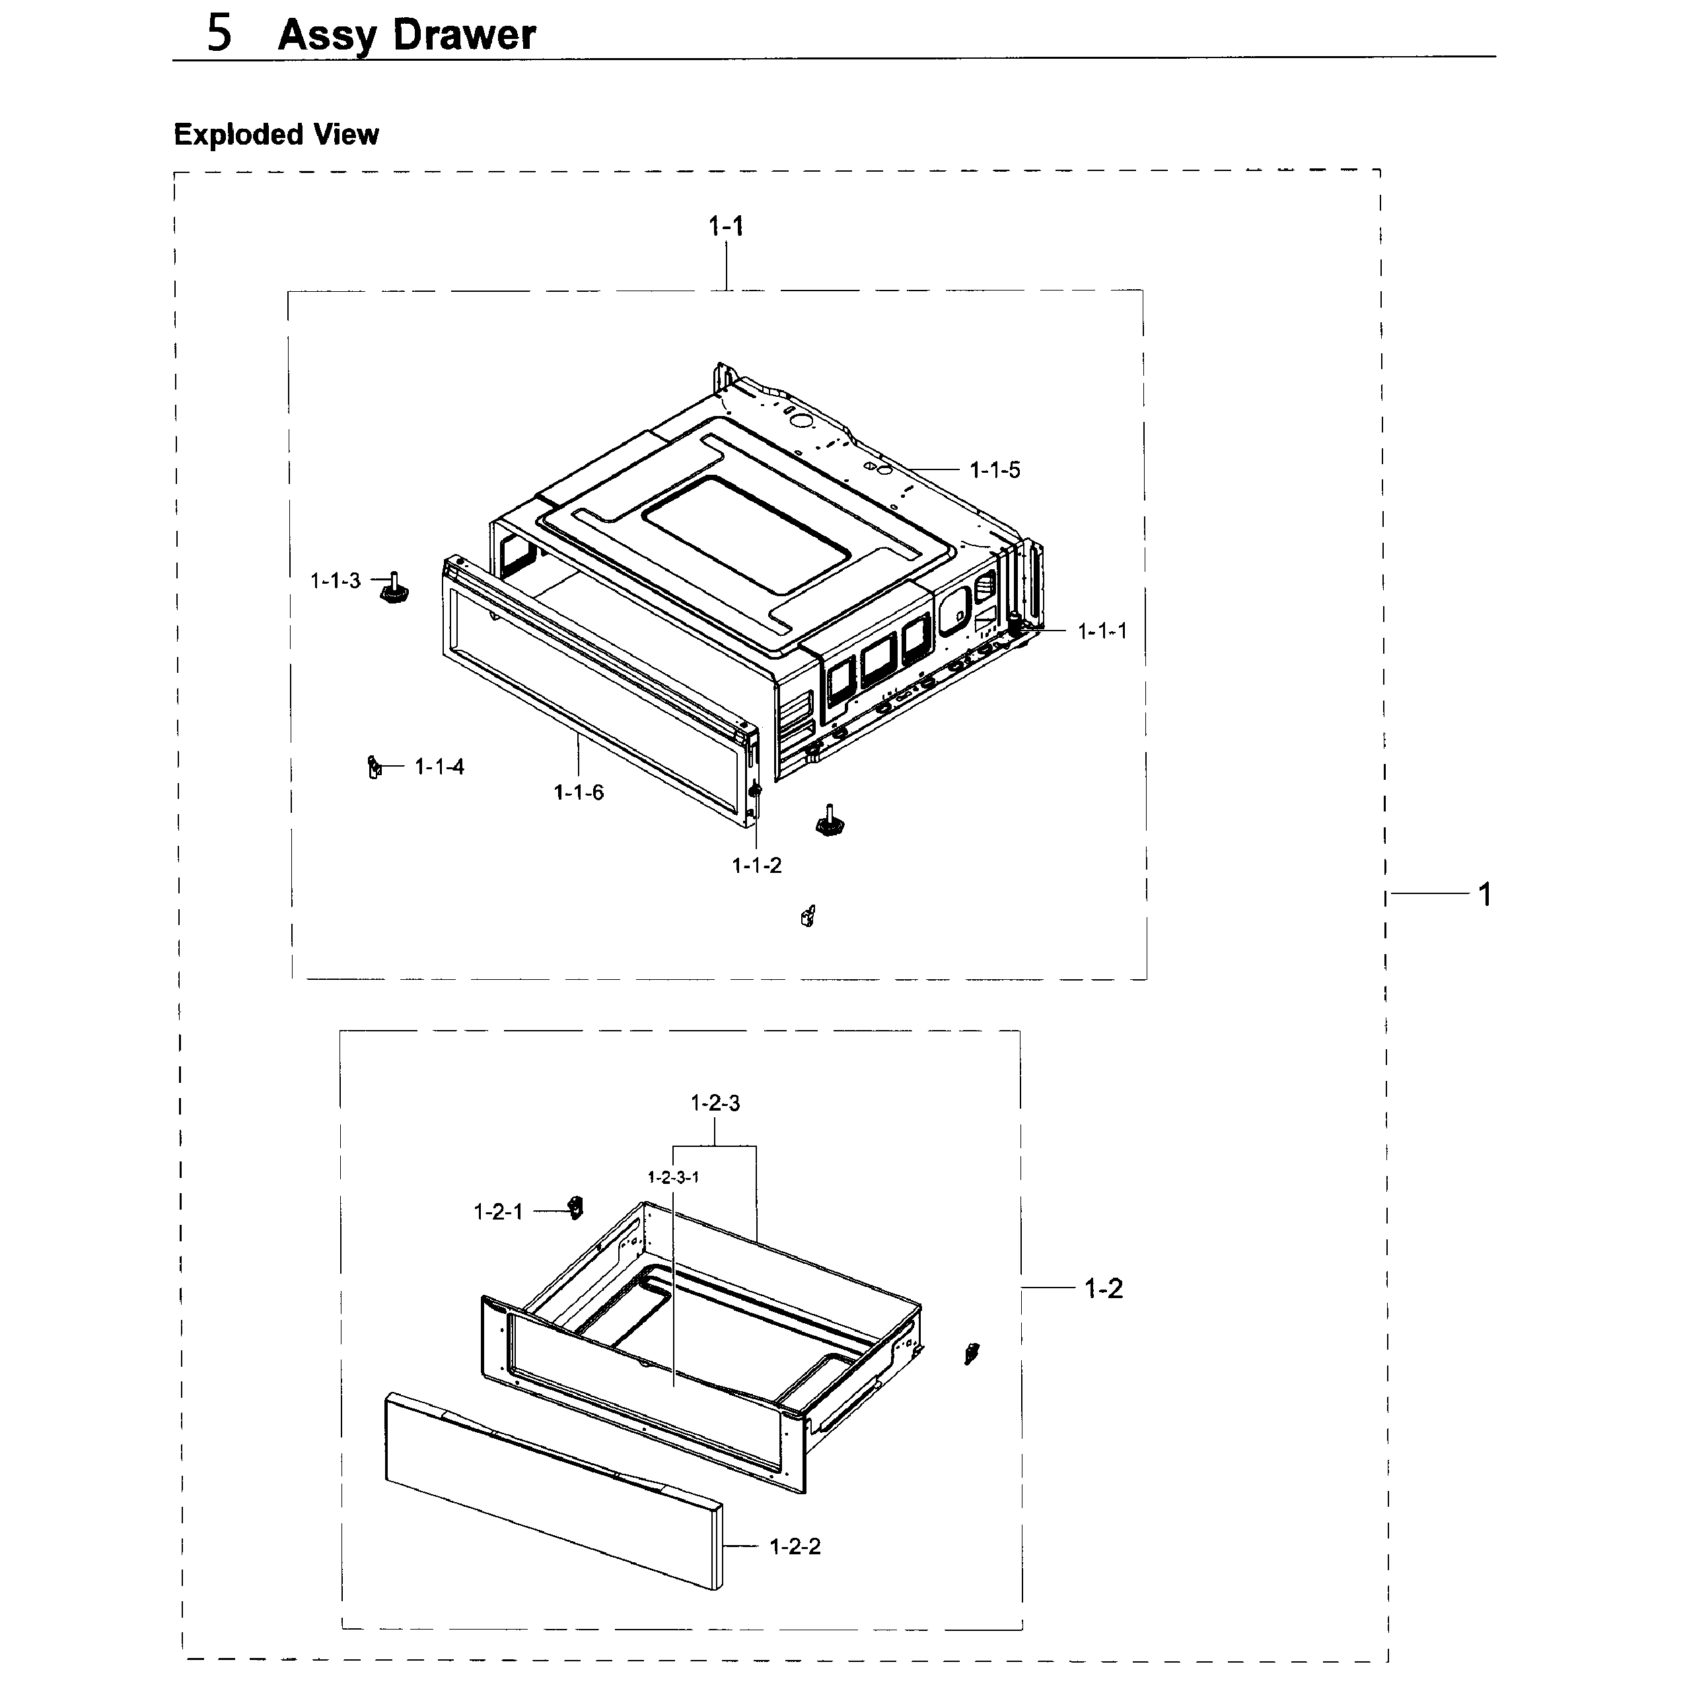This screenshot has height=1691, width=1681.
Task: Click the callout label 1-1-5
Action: (995, 471)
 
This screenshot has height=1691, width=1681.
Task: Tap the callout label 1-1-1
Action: (1102, 631)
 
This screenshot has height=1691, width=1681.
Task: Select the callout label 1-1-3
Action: (336, 581)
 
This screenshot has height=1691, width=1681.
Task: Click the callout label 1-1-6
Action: (579, 793)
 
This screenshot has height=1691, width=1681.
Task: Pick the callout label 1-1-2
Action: (756, 866)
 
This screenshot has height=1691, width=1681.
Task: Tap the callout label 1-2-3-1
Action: (673, 1178)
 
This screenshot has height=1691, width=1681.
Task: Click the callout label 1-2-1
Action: (498, 1212)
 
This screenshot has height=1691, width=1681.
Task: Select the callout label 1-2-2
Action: (795, 1546)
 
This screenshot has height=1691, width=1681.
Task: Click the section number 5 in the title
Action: (219, 34)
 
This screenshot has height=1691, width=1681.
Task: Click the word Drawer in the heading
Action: (464, 36)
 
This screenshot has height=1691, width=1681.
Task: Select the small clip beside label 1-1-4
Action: (374, 769)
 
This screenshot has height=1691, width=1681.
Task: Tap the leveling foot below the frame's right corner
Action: (828, 823)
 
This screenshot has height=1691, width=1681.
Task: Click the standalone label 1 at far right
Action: (1485, 895)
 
